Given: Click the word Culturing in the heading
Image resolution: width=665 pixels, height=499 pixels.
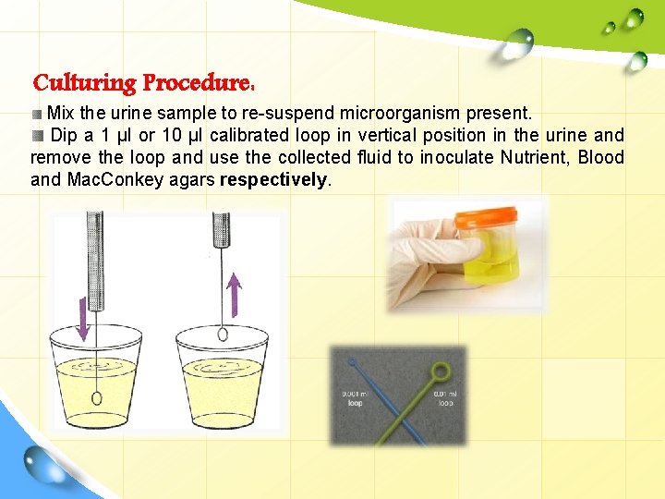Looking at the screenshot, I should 84,83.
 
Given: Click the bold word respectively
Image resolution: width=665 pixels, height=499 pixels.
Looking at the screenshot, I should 273,179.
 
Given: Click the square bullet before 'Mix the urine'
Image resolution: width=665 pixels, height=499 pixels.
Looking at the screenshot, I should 38,115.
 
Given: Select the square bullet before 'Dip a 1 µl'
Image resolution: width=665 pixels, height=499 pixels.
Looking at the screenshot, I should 38,136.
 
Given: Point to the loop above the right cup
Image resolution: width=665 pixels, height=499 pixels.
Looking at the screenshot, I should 222,334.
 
